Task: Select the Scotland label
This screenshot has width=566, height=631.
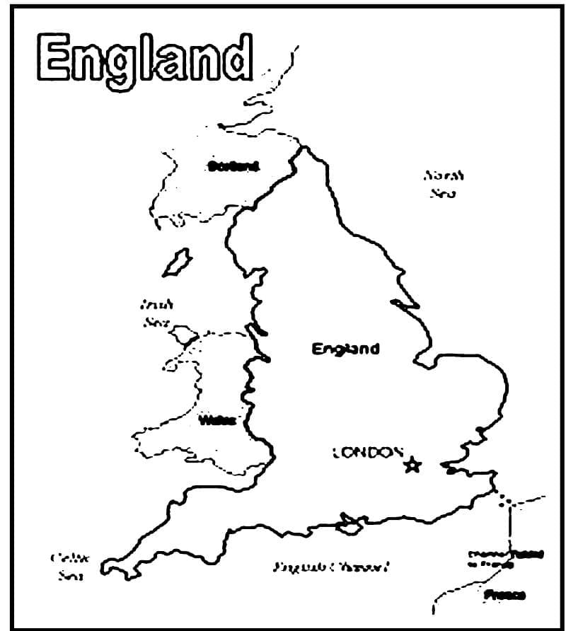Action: (233, 167)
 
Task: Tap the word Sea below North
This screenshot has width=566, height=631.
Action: (442, 192)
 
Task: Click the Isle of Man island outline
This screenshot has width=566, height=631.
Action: (177, 262)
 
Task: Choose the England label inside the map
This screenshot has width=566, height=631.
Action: (345, 349)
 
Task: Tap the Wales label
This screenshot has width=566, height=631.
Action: (216, 420)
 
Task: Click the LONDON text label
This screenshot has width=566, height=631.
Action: (367, 453)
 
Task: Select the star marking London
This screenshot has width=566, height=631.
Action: (412, 465)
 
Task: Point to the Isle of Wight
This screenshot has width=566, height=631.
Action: (350, 526)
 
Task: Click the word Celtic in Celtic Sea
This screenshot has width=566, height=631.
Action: (64, 557)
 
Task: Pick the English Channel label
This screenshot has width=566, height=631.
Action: (332, 567)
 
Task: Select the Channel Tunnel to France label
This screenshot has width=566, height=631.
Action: (500, 558)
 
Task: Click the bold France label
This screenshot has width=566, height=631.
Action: (504, 595)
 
